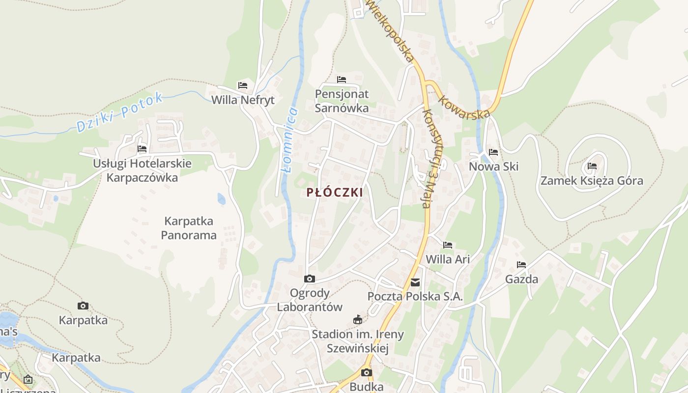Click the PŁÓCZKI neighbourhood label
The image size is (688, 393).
point(335,193)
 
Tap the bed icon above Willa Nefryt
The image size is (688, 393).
point(243,85)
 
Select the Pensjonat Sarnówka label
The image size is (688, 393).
point(342,101)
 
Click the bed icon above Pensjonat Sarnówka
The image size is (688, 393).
point(342,80)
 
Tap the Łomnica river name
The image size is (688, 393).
point(289,140)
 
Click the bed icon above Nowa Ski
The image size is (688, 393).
point(493,152)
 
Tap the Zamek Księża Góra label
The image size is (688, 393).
point(592,181)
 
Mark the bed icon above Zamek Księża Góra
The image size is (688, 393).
point(592,167)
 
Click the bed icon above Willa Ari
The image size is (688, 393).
point(448,245)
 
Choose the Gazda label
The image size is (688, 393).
point(521,280)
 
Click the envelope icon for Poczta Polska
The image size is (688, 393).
point(415,282)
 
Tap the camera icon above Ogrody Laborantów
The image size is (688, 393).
point(310,279)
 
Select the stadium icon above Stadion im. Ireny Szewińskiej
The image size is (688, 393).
point(358,320)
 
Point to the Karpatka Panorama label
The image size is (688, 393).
point(189,228)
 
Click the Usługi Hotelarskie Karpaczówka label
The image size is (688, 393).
point(142,170)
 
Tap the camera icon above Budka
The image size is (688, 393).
point(367,372)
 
